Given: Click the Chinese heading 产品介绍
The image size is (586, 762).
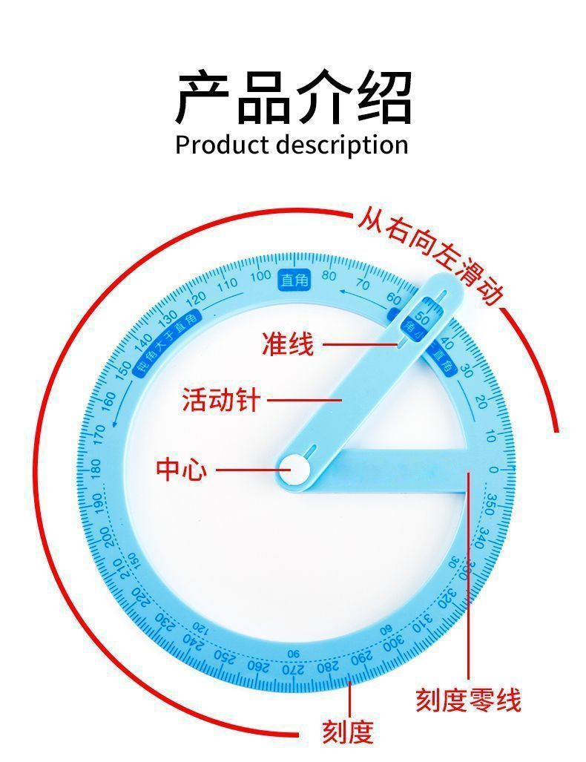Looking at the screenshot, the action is (x=293, y=97).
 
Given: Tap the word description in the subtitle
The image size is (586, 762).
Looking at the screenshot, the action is (x=342, y=145).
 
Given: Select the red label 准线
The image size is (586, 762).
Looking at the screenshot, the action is (x=287, y=344).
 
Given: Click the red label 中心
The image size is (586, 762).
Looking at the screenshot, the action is (x=181, y=469).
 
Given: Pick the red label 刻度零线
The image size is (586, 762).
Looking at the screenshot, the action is (x=467, y=699).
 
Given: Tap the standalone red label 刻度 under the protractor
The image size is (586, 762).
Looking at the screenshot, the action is (x=346, y=731).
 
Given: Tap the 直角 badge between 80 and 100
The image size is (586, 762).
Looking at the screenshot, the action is (x=294, y=280).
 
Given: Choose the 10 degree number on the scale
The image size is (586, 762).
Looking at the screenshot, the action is (x=490, y=436).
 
